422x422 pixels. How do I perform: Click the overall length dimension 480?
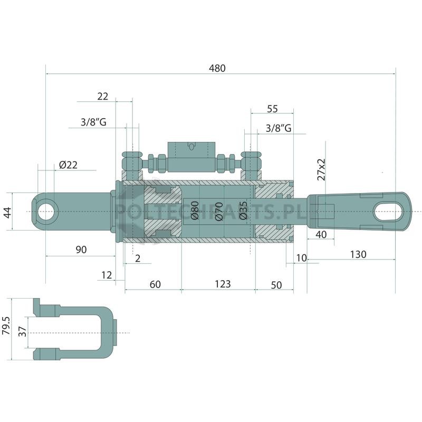pyautogui.click(x=217, y=68)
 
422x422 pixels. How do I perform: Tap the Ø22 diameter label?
pyautogui.click(x=69, y=165)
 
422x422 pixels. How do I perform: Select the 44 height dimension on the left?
pyautogui.click(x=7, y=213)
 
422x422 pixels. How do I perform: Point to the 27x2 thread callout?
pyautogui.click(x=321, y=169)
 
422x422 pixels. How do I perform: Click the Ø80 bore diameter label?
pyautogui.click(x=195, y=210)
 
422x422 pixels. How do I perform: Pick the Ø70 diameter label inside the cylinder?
pyautogui.click(x=219, y=212)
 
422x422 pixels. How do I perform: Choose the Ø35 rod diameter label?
pyautogui.click(x=243, y=210)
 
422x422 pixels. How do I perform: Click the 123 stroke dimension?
pyautogui.click(x=223, y=284)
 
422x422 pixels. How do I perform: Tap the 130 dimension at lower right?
pyautogui.click(x=358, y=254)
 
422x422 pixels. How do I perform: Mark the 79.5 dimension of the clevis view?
pyautogui.click(x=6, y=325)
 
